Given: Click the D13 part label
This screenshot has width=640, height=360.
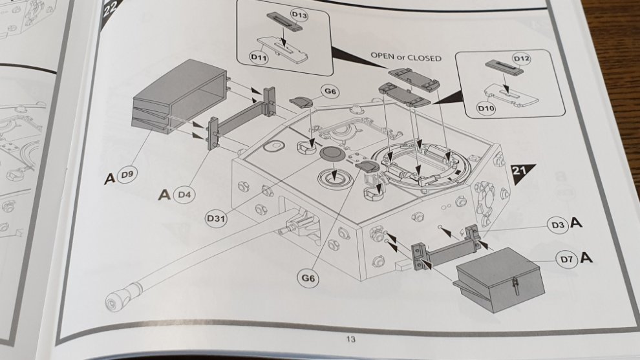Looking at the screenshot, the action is click(x=299, y=16).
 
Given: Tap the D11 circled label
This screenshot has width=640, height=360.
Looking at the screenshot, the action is click(x=259, y=58).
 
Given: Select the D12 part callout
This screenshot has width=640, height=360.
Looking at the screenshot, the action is click(x=522, y=59).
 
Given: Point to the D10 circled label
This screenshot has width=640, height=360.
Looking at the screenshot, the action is click(x=485, y=108).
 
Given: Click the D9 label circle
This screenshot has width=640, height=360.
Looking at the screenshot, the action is click(x=127, y=175).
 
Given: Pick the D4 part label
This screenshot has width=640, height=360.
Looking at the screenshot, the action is click(x=184, y=195).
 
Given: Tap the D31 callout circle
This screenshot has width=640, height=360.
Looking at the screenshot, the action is click(x=216, y=218).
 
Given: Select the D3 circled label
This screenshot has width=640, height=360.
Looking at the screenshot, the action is click(x=558, y=225).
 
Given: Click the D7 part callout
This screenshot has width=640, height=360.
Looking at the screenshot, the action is click(x=566, y=259).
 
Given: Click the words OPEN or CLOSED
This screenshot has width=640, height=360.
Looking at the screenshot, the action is click(x=406, y=57).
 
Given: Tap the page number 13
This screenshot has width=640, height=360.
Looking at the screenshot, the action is click(x=350, y=339).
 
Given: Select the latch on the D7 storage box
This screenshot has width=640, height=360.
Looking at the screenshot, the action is click(x=516, y=284).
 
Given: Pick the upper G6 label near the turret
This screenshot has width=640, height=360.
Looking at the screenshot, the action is click(x=330, y=91).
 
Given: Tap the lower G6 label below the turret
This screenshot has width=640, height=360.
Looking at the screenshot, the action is click(x=308, y=279).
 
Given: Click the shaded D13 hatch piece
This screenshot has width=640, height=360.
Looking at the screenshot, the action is click(x=284, y=21).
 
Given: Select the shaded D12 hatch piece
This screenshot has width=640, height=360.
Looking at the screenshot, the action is click(x=504, y=67).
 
